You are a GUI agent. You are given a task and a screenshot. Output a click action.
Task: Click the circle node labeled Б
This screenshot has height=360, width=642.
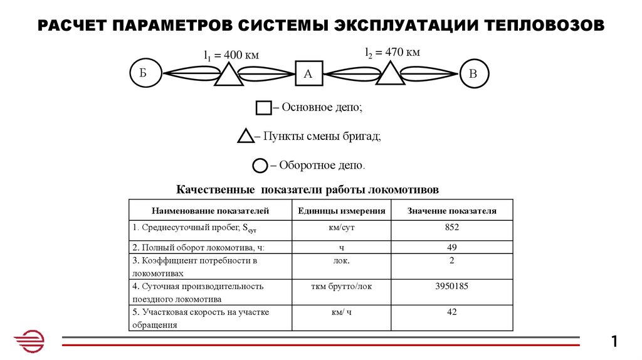click(144, 73)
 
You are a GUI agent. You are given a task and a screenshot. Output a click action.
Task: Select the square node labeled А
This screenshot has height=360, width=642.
click(308, 73)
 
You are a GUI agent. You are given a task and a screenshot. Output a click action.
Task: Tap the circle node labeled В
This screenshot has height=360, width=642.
click(473, 73)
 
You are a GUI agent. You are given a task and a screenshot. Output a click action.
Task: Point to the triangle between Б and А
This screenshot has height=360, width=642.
click(228, 76)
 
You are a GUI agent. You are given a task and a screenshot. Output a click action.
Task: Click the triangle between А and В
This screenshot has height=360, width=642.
click(391, 75)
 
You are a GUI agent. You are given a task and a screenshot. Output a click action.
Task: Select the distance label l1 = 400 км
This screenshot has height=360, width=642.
click(231, 55)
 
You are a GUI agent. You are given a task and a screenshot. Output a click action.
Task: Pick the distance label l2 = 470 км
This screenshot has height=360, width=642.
click(393, 52)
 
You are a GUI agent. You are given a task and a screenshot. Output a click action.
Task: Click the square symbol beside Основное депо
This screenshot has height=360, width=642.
click(263, 108)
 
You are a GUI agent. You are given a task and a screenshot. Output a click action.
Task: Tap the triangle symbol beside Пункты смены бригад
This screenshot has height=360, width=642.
click(246, 136)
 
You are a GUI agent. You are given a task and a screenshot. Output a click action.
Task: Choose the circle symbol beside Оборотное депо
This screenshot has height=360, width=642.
click(260, 166)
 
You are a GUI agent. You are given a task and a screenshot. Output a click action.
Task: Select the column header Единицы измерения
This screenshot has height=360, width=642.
click(342, 211)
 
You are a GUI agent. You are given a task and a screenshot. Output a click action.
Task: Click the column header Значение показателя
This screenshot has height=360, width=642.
click(451, 211)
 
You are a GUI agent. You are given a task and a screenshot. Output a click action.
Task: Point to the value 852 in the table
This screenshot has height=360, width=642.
click(451, 227)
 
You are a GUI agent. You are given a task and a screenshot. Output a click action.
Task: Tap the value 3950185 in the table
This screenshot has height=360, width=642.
click(451, 286)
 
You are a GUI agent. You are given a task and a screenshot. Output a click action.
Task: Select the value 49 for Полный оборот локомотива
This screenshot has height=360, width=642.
click(451, 247)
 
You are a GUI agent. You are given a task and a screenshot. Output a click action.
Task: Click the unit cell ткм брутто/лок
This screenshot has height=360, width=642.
click(342, 286)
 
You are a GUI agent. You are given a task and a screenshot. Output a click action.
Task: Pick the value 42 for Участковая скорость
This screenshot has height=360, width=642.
click(451, 312)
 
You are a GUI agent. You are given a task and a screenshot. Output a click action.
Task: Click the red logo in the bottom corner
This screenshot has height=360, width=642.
click(29, 342)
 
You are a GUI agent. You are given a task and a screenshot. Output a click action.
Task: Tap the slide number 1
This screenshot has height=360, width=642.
click(614, 342)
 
